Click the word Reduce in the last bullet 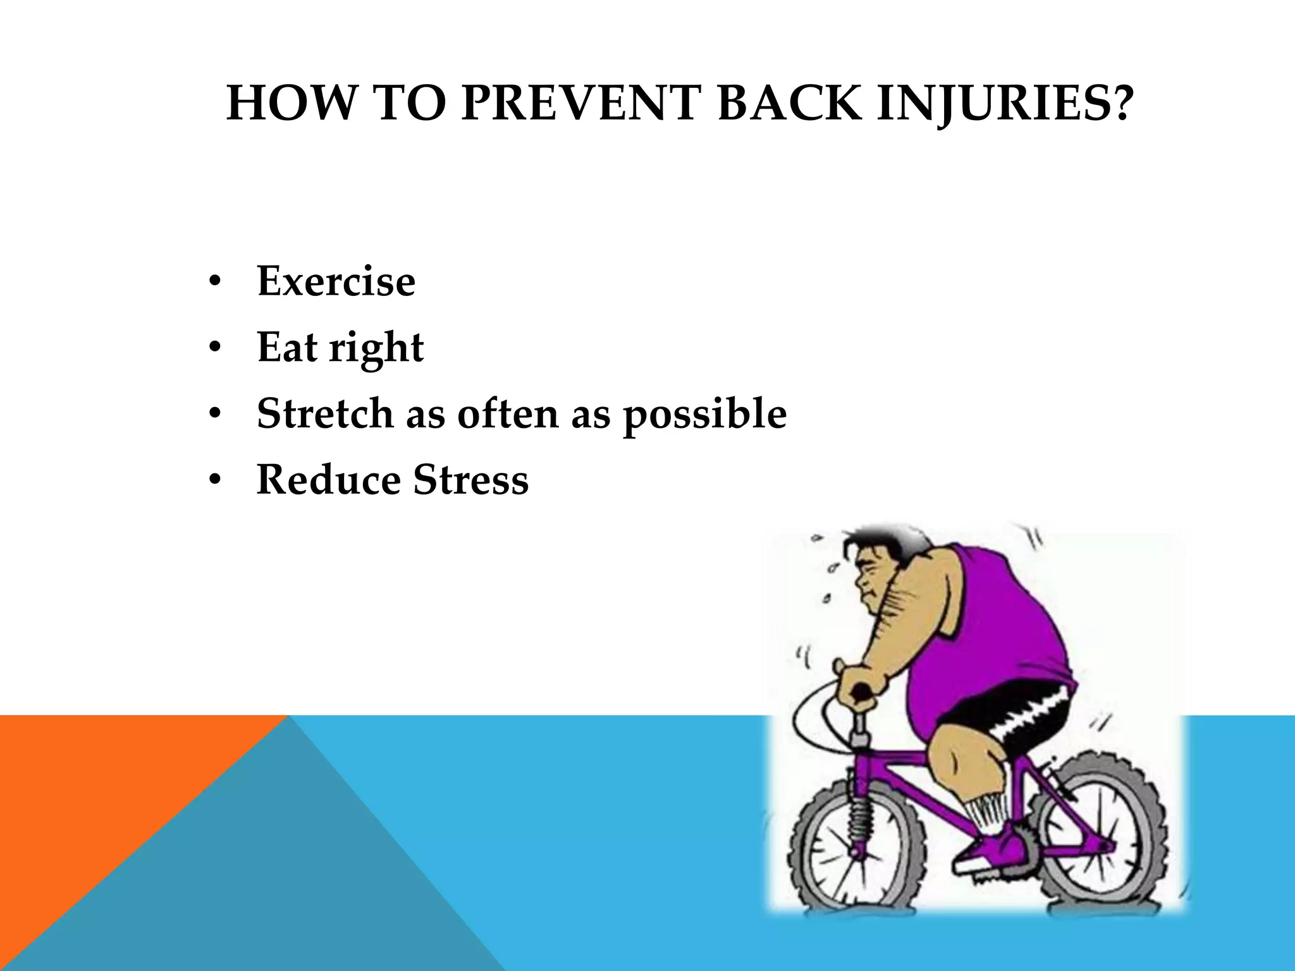(328, 479)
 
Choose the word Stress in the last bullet (471, 479)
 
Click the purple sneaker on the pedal (993, 847)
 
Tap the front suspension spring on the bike (859, 815)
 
